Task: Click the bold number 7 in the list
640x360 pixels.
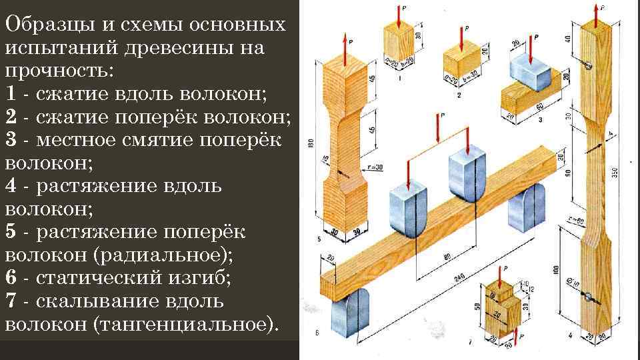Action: coord(11,301)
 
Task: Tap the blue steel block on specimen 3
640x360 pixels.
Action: coord(530,70)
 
